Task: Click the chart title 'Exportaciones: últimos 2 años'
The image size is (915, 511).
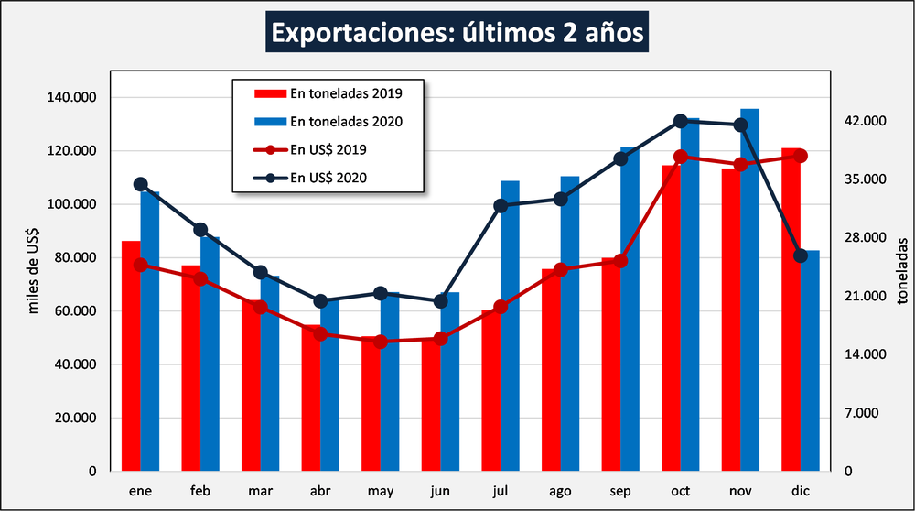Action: coord(457,34)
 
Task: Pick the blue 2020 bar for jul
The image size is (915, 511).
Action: coord(510,330)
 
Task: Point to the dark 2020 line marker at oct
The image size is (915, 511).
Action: coord(680,121)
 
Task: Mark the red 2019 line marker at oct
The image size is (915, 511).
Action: coord(680,157)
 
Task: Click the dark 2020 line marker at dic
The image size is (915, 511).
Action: coord(801,255)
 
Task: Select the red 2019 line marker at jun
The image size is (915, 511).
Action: coord(440,339)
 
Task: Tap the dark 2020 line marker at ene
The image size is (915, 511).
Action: coord(140,184)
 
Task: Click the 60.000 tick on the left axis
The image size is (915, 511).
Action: coord(74,311)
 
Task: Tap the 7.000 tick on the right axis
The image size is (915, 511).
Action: coord(861,413)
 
